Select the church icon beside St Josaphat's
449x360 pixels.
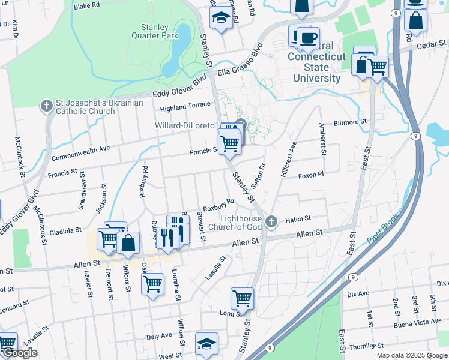tap(47, 106)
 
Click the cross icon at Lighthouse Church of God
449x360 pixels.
tap(271, 223)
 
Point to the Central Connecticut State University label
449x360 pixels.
tap(319, 62)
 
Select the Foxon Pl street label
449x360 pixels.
tap(311, 175)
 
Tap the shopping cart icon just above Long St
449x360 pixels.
tap(242, 297)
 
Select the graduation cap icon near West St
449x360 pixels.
tap(206, 343)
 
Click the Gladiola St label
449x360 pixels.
tap(65, 230)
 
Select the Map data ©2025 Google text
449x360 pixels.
tap(411, 355)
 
